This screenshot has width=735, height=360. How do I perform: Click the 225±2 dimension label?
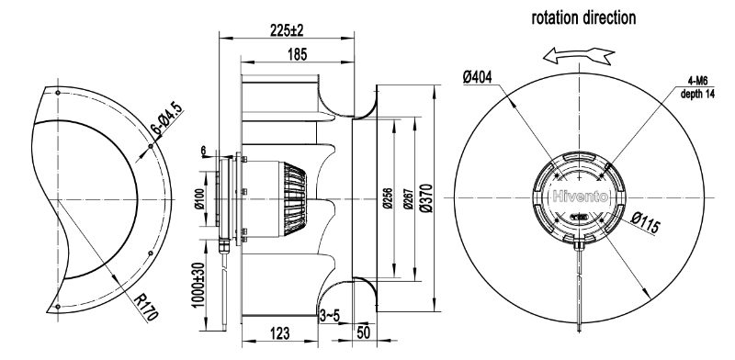coord(287,30)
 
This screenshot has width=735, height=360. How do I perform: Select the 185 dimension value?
coord(297,54)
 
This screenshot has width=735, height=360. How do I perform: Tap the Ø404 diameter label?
coord(478,76)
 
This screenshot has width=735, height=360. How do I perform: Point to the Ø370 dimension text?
coord(426,198)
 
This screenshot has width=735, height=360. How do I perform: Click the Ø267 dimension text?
coord(408,198)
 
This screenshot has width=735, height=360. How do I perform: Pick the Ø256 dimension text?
coord(388,198)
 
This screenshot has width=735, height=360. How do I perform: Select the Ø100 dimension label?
coord(198,199)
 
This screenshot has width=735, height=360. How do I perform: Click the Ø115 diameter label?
coord(646,221)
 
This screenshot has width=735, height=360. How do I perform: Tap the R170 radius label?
coord(146,308)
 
